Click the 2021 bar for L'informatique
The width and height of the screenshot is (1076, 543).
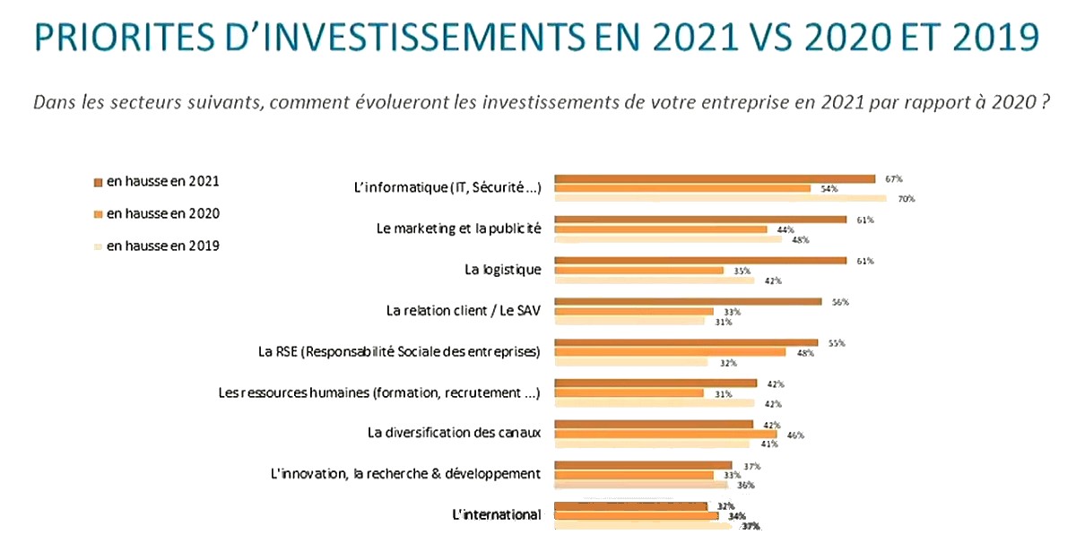point(715,178)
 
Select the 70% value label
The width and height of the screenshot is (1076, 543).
point(906,199)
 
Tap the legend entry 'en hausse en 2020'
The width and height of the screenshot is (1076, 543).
point(162,213)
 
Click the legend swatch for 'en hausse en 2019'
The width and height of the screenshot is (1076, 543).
point(99,246)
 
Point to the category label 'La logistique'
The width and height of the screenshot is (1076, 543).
point(503,270)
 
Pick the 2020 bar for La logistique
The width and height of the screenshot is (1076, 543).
point(639,271)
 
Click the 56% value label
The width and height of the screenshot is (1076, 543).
point(840,302)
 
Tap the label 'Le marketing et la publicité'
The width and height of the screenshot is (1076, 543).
point(459,228)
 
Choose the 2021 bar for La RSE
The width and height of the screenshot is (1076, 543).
point(686,342)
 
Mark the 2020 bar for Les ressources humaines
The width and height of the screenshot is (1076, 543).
point(629,393)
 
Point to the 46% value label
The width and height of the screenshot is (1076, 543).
point(795,435)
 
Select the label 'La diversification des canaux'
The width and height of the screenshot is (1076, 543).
point(455,433)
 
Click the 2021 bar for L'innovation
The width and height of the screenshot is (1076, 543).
point(643,465)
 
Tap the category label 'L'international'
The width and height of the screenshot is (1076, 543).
point(497,514)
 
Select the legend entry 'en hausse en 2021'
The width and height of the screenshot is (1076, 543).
point(162,181)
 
